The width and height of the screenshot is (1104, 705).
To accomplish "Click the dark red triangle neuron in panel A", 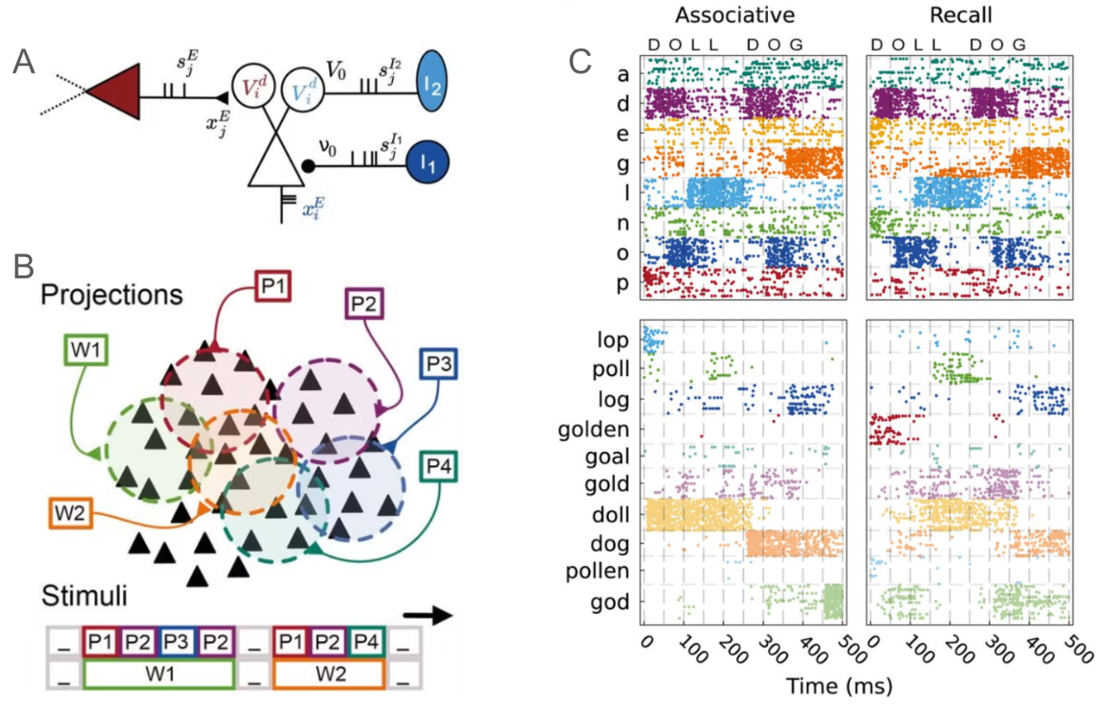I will click(x=112, y=96).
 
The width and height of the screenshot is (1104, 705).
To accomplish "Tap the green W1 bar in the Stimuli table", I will click(x=157, y=674).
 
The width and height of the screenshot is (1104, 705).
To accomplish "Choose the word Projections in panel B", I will click(x=112, y=295).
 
